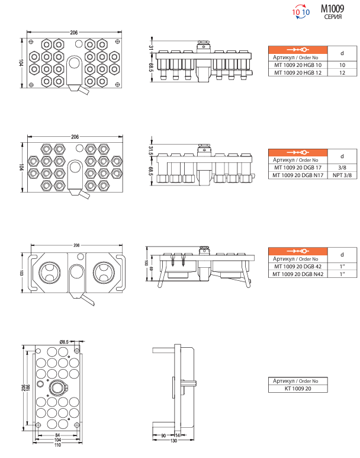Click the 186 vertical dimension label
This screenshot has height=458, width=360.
pos(28,386)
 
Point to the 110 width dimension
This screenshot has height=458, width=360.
pos(58,445)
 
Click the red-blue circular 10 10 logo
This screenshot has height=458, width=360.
pos(301,11)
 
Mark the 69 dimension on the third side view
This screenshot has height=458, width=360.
pos(152,270)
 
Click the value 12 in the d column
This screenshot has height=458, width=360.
pos(342,72)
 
